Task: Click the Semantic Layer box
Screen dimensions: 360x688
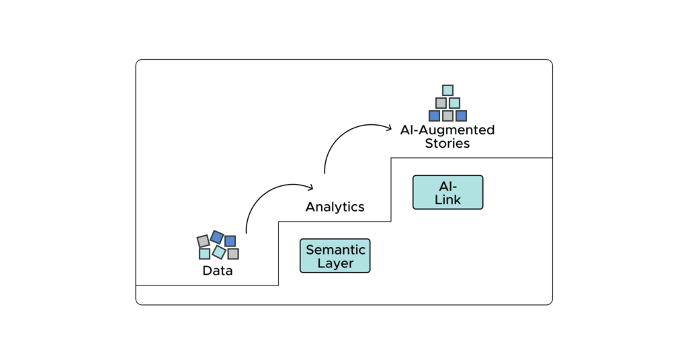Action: click(x=335, y=256)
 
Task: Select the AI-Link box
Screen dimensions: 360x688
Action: click(x=447, y=192)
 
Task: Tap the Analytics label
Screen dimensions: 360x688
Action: click(x=335, y=207)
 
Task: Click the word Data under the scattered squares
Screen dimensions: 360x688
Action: click(x=218, y=271)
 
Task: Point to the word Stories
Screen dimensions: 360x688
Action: click(x=447, y=143)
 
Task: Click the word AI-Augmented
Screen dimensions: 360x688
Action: click(x=447, y=130)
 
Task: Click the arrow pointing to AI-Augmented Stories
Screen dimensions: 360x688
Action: click(x=349, y=134)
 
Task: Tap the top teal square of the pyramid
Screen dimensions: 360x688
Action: click(x=447, y=90)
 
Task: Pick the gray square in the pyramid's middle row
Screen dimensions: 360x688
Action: click(x=441, y=103)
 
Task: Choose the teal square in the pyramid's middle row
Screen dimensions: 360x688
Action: click(x=454, y=103)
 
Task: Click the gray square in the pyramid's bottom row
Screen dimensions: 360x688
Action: click(x=447, y=116)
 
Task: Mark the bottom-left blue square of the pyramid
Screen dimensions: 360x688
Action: click(x=434, y=116)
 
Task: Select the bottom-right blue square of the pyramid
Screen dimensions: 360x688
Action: click(x=461, y=116)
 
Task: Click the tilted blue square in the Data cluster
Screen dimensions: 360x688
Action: click(x=216, y=236)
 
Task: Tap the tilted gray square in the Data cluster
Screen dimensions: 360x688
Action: click(x=203, y=241)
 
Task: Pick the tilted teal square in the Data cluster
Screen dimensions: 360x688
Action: click(x=219, y=252)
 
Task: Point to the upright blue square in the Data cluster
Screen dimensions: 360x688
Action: click(x=230, y=240)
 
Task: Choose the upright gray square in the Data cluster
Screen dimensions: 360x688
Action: click(x=233, y=253)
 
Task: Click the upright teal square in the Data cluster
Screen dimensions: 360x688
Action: click(x=204, y=254)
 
